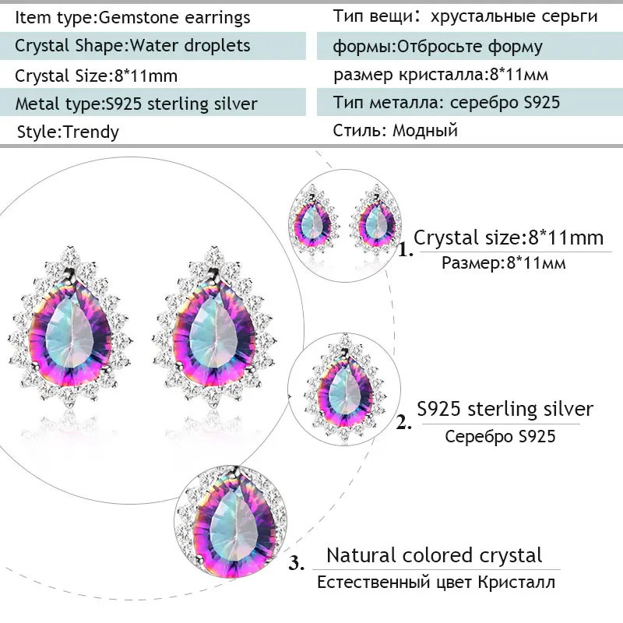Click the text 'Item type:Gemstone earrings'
click(132, 16)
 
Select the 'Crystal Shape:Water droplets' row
click(132, 45)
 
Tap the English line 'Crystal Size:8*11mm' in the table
click(97, 76)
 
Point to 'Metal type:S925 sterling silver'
click(136, 104)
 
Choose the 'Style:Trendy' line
click(68, 132)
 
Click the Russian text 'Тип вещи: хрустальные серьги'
click(465, 16)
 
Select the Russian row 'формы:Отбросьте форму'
click(437, 46)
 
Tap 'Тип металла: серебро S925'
click(446, 103)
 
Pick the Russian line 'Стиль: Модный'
click(395, 130)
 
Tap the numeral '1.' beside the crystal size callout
click(405, 251)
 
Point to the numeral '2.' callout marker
click(403, 423)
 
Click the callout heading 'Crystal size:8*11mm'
click(509, 238)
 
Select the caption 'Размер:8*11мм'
click(503, 263)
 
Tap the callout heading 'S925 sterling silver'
click(505, 409)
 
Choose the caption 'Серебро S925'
click(500, 436)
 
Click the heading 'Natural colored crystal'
click(434, 555)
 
